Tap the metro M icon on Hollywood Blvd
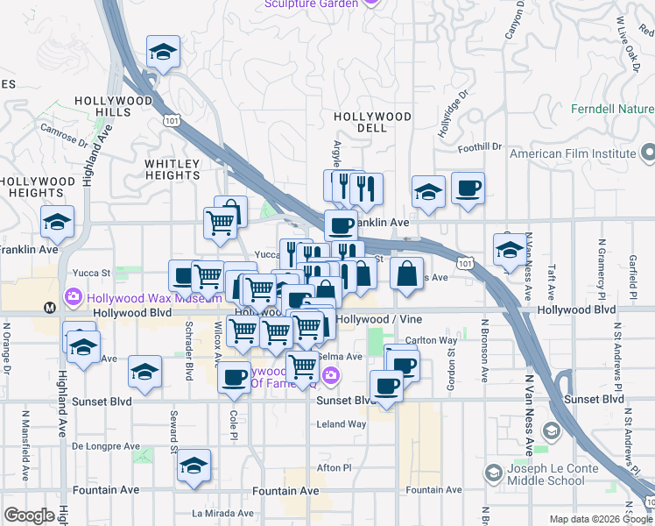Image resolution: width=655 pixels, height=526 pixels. [50, 308]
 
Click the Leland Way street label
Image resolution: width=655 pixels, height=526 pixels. [341, 424]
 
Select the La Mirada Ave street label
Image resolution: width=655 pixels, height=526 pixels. [222, 514]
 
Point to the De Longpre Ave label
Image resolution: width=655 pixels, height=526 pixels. [106, 446]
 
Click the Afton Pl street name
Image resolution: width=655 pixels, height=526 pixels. [334, 468]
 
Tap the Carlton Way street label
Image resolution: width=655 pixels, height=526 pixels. [433, 341]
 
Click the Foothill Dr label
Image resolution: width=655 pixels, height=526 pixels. [482, 147]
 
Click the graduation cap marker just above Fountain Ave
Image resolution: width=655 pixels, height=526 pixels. [194, 466]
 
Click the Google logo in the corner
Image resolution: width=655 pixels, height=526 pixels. [29, 515]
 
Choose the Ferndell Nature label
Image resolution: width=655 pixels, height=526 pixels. [612, 110]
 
